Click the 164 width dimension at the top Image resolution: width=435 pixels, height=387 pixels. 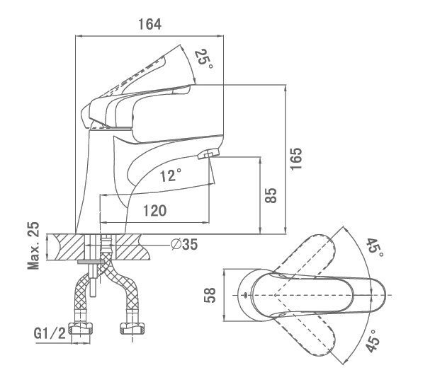click(x=149, y=24)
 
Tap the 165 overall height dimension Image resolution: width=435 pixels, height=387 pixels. click(x=295, y=158)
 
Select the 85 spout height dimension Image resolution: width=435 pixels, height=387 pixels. click(x=271, y=195)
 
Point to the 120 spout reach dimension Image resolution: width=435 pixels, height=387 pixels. click(x=155, y=211)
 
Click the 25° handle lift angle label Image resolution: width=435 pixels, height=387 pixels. click(x=204, y=59)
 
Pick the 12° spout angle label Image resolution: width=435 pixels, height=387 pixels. click(x=171, y=175)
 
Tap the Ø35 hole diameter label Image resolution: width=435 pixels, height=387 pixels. click(x=184, y=244)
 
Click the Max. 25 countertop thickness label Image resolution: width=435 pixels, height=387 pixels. click(x=33, y=246)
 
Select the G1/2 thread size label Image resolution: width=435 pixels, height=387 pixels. click(x=50, y=333)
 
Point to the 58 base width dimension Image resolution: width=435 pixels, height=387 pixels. click(x=210, y=295)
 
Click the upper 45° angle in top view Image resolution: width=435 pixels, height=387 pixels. click(x=375, y=248)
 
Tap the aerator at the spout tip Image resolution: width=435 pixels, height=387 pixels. click(x=208, y=154)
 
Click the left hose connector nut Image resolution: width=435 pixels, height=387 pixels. click(x=81, y=328)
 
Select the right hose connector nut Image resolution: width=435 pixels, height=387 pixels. click(x=133, y=328)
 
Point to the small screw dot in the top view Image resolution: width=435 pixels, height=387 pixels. click(x=245, y=294)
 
